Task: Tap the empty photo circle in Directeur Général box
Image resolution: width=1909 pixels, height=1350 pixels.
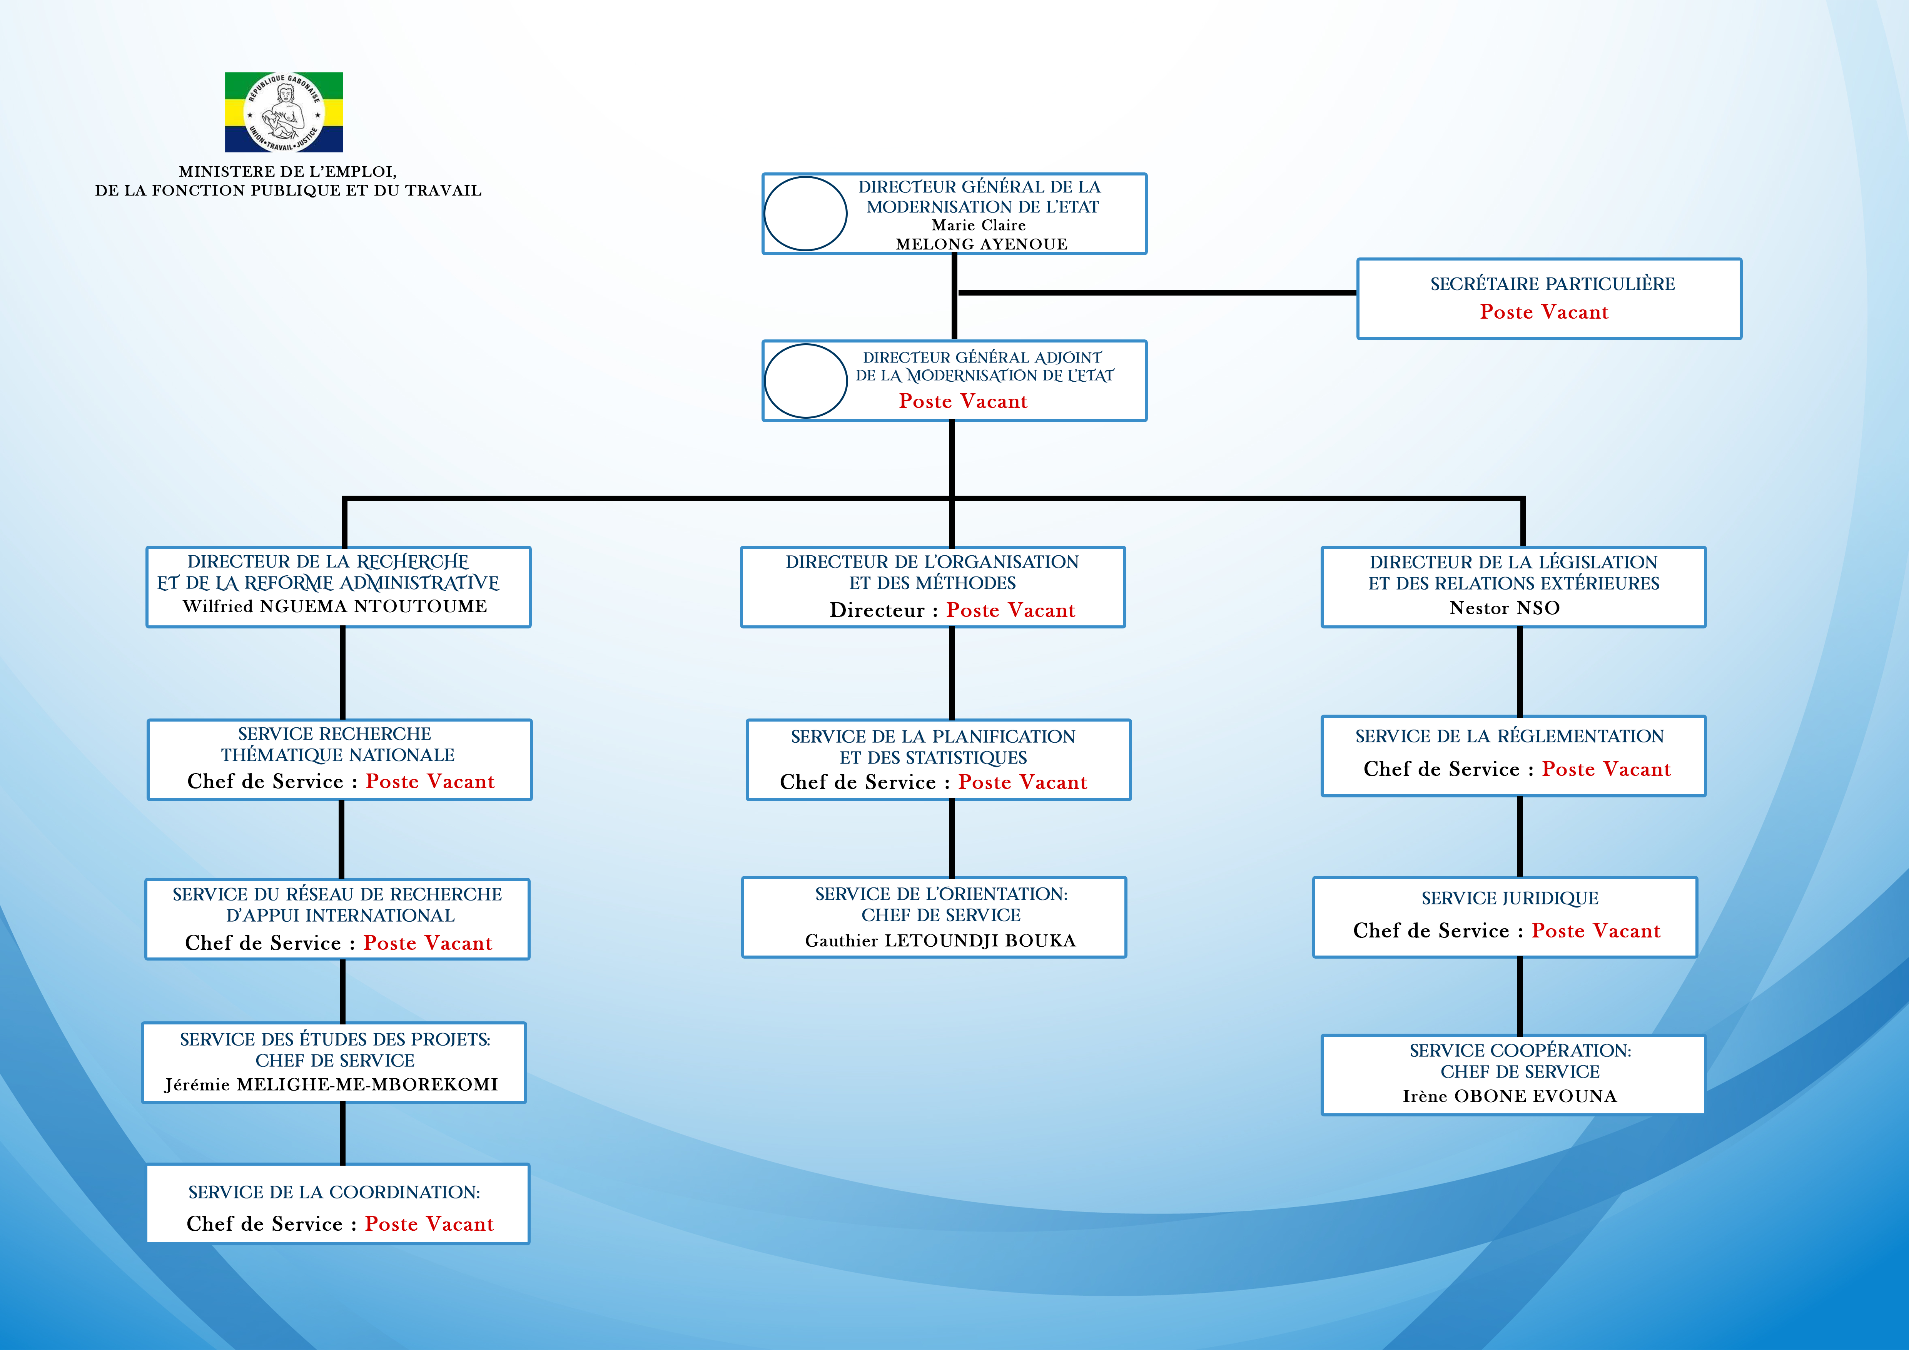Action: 805,214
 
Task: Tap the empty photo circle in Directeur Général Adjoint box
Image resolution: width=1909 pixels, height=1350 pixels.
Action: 805,381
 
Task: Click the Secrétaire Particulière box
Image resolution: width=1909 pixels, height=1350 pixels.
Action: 1549,298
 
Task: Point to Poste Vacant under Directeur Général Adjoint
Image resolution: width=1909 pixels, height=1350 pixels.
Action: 963,401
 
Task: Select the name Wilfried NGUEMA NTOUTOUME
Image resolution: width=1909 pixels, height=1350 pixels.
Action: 335,606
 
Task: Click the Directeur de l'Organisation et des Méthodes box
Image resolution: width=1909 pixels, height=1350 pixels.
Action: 933,587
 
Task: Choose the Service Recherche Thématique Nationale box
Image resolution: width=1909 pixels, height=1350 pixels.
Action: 339,760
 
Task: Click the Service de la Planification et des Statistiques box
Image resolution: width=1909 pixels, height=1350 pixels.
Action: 939,760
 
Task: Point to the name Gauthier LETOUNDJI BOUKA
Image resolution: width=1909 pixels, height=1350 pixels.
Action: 940,940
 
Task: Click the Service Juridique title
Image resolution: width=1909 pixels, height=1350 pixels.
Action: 1510,898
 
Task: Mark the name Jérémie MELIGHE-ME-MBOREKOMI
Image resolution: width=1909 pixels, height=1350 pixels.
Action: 331,1084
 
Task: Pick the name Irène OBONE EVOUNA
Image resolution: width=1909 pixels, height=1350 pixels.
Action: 1510,1096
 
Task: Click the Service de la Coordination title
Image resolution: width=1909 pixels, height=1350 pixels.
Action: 334,1192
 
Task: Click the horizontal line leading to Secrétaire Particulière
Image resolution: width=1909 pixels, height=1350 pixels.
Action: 1157,292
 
